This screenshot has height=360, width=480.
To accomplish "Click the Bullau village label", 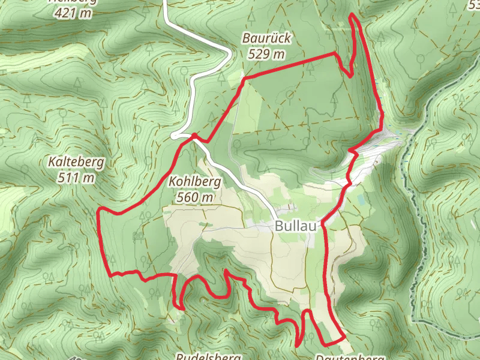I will (296, 226).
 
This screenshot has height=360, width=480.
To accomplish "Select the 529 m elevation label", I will (267, 54).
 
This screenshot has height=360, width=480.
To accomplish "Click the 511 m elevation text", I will (77, 178).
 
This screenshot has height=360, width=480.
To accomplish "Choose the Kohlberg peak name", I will (196, 181).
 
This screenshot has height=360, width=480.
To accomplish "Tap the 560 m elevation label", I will (196, 197).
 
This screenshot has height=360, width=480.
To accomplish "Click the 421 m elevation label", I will (74, 12).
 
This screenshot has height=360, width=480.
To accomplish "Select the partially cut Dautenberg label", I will (350, 357).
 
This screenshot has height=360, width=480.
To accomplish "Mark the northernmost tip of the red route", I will (352, 14).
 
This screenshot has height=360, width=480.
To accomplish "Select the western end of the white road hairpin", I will (173, 136).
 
